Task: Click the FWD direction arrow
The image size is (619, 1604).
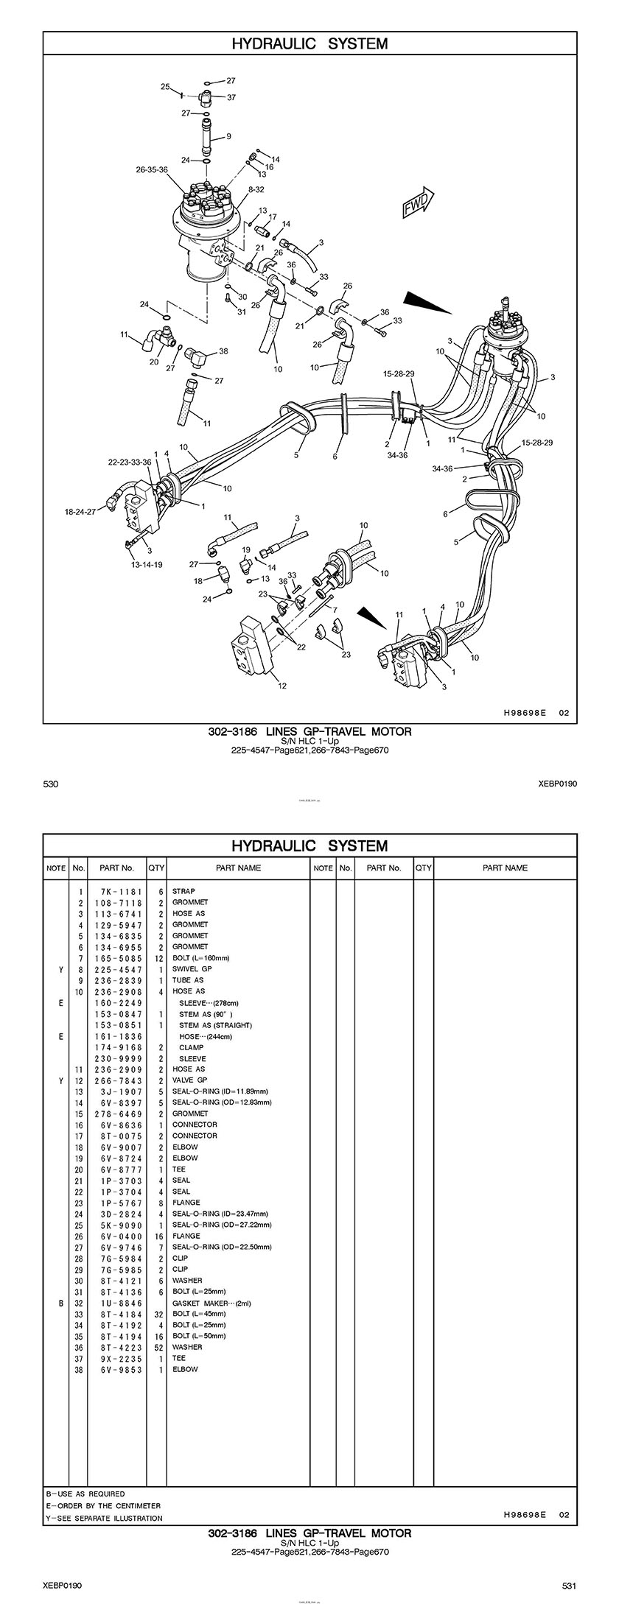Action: tap(418, 203)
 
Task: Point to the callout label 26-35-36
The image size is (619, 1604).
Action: tap(152, 169)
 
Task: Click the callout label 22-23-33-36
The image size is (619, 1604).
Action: tap(130, 462)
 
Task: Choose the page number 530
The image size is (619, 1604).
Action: tap(50, 784)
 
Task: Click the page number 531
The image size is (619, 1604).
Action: tap(569, 1580)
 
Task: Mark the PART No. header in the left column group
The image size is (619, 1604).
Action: tap(116, 868)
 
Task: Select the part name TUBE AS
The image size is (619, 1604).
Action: tap(188, 980)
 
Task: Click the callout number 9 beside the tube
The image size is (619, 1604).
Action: tap(228, 136)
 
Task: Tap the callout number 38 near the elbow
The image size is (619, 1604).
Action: tap(223, 351)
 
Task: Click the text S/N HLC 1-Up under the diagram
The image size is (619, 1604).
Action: tap(309, 742)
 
